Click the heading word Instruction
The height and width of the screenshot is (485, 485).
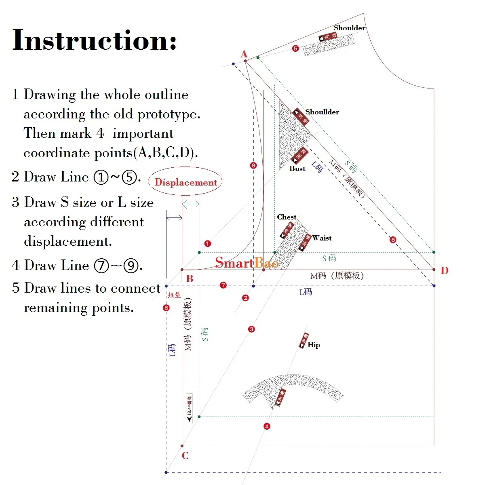pos(94,40)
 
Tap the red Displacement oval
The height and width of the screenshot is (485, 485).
pos(186,182)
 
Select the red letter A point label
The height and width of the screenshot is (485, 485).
pos(244,54)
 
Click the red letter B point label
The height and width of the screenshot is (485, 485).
pos(190,278)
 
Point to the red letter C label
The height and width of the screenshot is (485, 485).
pos(185,456)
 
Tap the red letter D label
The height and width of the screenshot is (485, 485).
pos(444,270)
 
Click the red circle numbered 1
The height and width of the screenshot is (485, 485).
pos(207,244)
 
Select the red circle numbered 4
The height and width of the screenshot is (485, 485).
pos(267,426)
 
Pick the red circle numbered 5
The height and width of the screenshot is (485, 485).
pos(295,48)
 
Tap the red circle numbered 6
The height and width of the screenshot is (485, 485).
pos(166,308)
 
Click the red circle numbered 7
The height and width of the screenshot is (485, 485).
pos(223,285)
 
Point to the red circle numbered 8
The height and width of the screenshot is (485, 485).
pos(393,240)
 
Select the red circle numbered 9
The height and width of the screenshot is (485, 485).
pos(253,165)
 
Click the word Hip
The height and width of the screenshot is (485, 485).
pos(314,345)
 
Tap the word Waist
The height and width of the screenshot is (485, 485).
pos(322,238)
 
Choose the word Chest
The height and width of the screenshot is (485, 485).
pos(287,217)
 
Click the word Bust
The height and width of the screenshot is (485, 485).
pos(297,169)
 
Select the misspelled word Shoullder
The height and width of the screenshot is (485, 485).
pos(322,112)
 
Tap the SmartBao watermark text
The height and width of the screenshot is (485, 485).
pos(247,263)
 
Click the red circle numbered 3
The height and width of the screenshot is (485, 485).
pos(251,329)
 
